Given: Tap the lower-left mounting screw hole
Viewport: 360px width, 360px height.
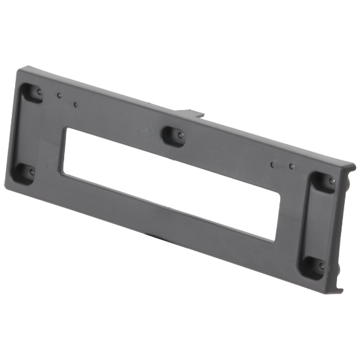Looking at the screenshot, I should (29, 171).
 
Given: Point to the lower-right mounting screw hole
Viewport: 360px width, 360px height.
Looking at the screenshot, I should (322, 265).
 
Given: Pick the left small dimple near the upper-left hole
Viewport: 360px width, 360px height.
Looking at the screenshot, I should (59, 96).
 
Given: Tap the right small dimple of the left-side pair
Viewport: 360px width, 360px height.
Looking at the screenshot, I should (77, 104).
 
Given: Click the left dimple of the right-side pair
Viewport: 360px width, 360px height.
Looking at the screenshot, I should (272, 163).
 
